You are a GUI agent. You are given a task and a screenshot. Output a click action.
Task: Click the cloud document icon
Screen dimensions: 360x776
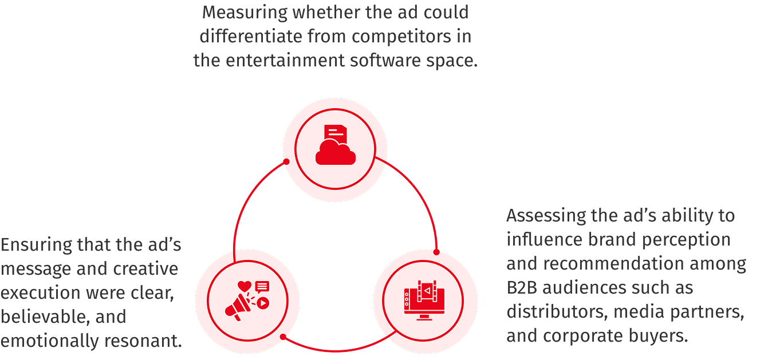tap(334, 145)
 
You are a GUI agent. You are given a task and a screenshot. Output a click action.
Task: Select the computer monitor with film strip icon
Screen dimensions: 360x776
tap(425, 300)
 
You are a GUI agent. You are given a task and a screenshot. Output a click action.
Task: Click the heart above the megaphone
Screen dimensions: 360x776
tap(245, 285)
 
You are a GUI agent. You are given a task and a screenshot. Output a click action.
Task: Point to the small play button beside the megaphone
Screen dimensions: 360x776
tap(262, 303)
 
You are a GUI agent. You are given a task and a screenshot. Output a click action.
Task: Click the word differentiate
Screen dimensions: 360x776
tap(248, 36)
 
